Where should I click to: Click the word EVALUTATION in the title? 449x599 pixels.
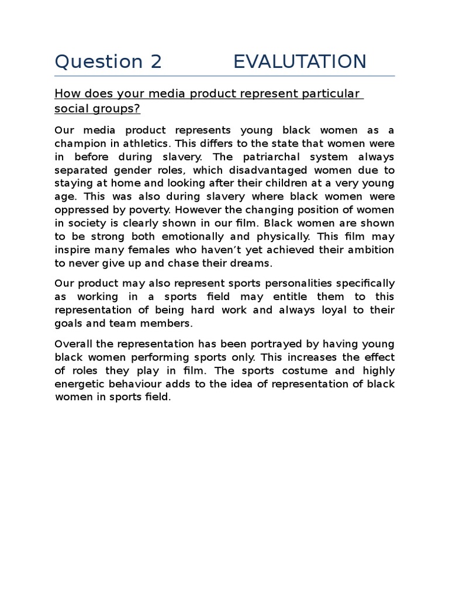[x=299, y=61]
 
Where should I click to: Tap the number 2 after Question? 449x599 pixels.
[x=155, y=61]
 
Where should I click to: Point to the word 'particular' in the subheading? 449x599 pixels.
[x=330, y=94]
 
